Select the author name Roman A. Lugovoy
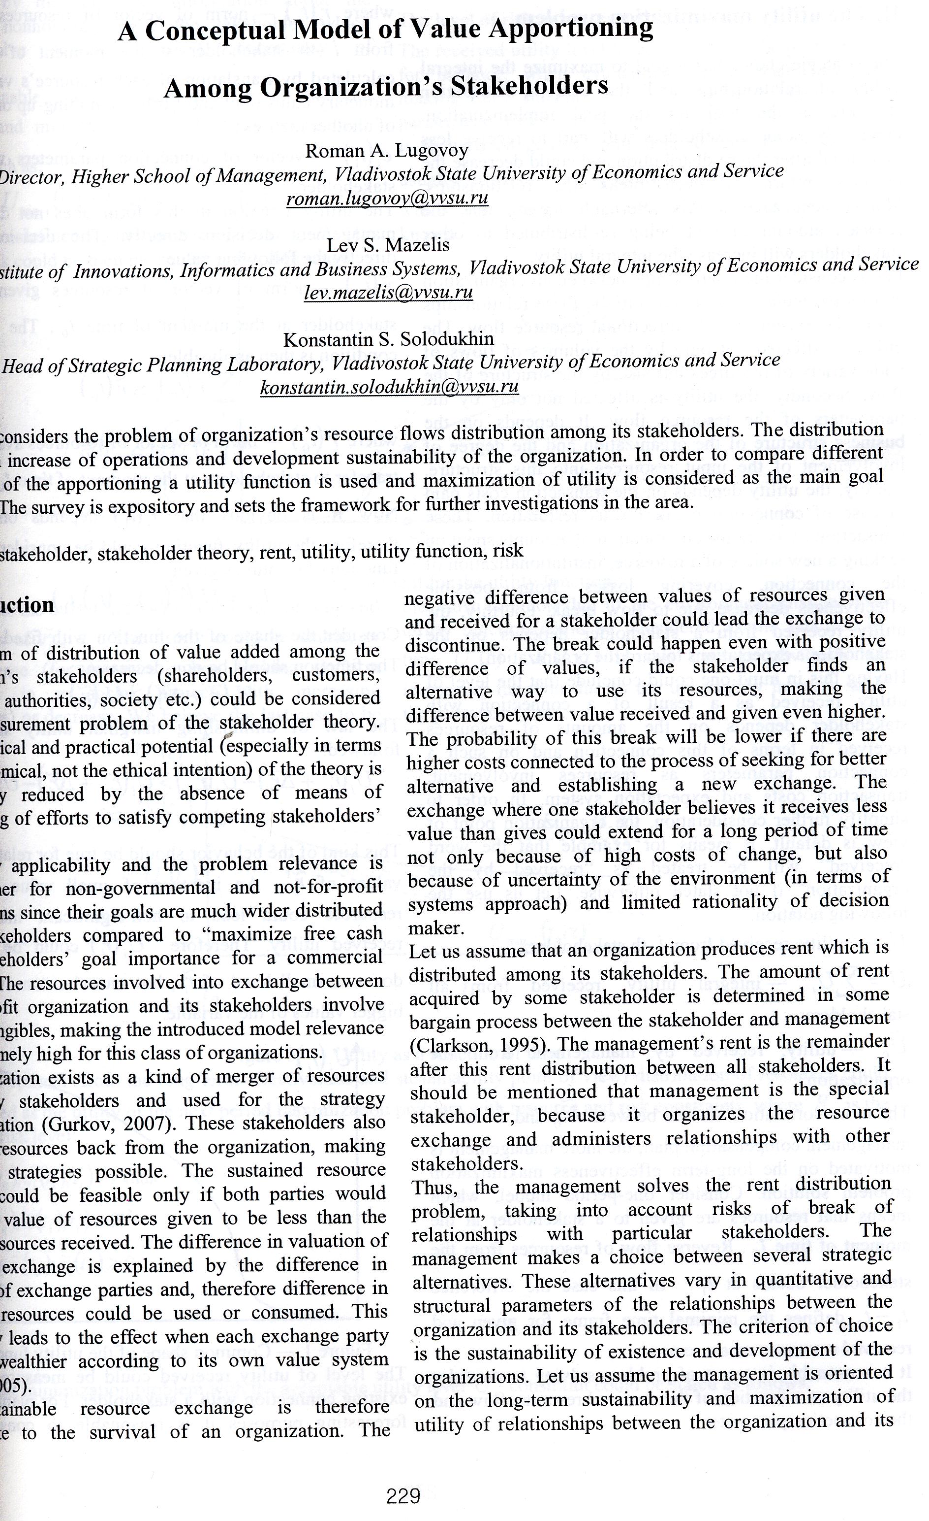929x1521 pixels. pos(387,151)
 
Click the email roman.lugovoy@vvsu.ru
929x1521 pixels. pos(387,198)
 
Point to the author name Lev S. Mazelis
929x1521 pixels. pos(388,245)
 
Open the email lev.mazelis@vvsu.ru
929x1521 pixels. pos(388,293)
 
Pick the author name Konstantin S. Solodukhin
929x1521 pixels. pos(388,339)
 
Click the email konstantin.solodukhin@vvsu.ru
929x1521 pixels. pos(389,387)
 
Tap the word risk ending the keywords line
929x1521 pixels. pos(508,551)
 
